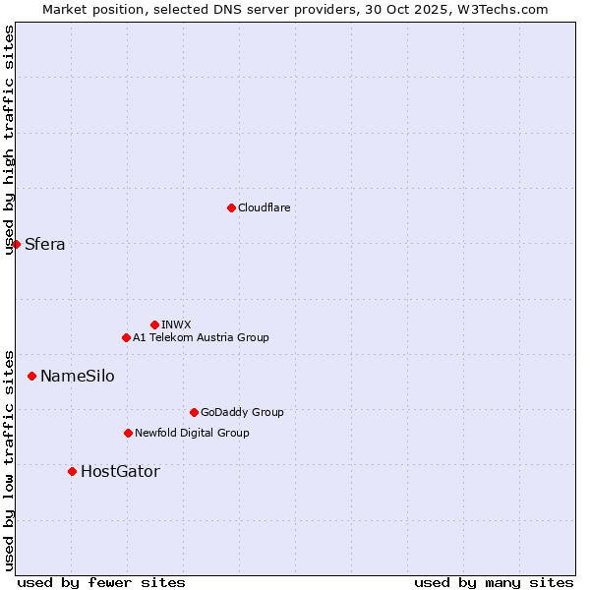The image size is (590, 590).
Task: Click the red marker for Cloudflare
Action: (231, 207)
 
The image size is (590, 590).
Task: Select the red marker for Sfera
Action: (17, 244)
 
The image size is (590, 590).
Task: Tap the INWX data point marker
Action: (154, 324)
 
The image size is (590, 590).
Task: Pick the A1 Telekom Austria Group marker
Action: (126, 337)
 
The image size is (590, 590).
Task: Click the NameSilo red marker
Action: (32, 376)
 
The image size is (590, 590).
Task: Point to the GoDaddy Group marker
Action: (194, 412)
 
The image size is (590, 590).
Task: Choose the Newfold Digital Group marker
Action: (128, 433)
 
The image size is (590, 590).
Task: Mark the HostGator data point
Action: (72, 471)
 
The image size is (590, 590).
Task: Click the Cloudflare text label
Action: (264, 207)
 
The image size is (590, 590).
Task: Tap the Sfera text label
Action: (45, 245)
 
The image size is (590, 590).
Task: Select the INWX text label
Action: (176, 324)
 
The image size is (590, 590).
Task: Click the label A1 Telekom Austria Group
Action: (201, 337)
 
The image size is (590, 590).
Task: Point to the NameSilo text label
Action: (77, 377)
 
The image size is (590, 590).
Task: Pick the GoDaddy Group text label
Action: (242, 412)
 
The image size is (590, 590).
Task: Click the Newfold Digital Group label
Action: (192, 433)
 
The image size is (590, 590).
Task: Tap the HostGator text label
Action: (120, 472)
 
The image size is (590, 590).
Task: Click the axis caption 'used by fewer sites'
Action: (101, 582)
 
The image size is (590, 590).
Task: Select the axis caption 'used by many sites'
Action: (494, 582)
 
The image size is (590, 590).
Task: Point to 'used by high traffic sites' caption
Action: (10, 140)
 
